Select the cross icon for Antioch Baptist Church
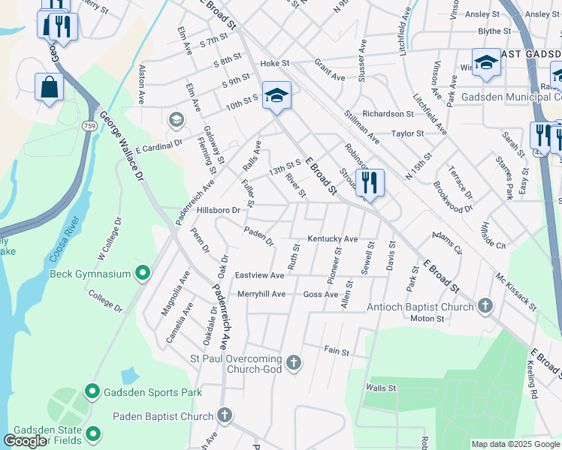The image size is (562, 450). click(x=485, y=306)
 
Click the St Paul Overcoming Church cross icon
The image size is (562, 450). click(x=294, y=363)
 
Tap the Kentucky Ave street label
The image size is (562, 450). click(x=331, y=239)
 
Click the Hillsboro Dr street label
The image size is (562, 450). click(x=218, y=211)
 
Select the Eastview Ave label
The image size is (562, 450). click(x=260, y=276)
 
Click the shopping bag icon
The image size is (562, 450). click(x=49, y=86)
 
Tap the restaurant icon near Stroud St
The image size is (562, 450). click(x=369, y=182)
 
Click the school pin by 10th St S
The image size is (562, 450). click(x=276, y=95)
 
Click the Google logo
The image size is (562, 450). click(x=25, y=441)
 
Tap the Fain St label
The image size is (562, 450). click(x=337, y=350)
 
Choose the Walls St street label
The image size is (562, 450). click(x=381, y=388)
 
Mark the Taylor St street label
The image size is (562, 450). click(x=408, y=133)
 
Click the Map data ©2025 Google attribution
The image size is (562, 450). click(x=515, y=444)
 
